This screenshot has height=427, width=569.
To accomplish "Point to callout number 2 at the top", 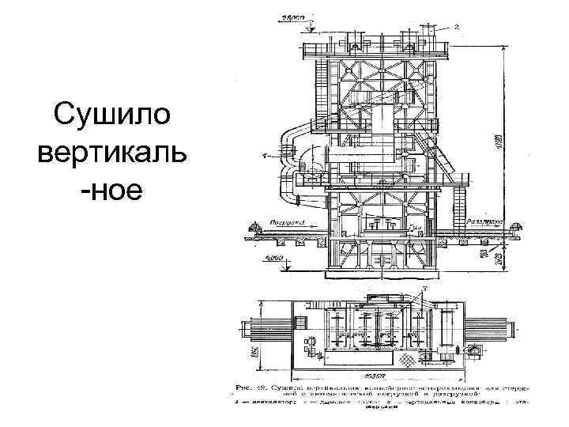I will tap(457, 27).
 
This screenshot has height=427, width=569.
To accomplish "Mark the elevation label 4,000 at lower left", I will tap(274, 258).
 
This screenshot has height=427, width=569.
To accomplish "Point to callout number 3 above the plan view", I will tap(424, 290).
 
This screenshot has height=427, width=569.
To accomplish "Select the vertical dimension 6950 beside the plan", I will tap(255, 348).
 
